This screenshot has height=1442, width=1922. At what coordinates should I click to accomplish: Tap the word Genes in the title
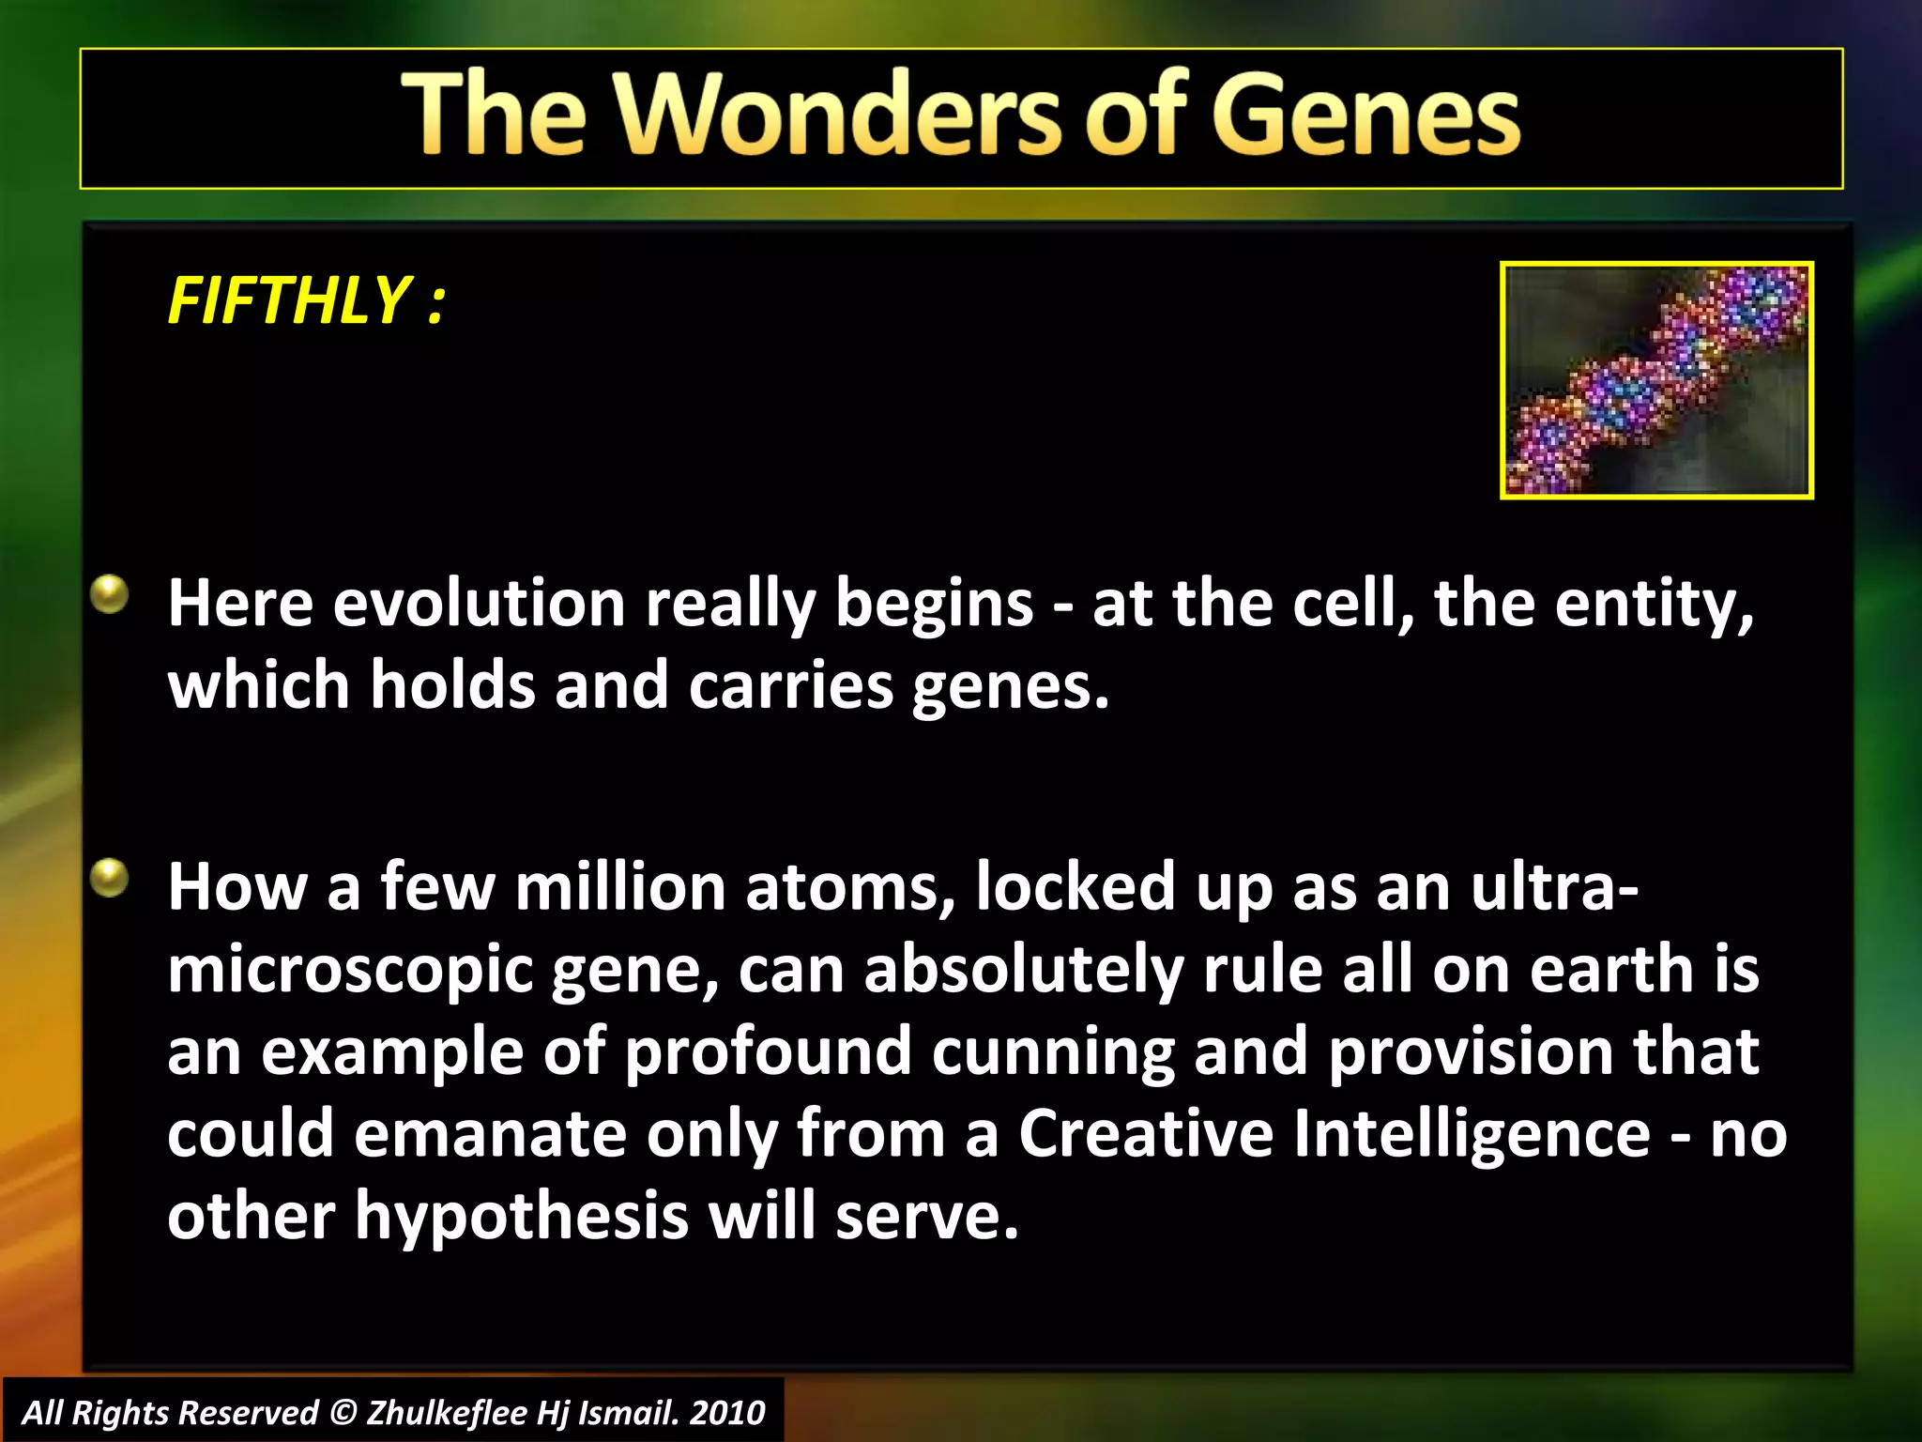pyautogui.click(x=1365, y=115)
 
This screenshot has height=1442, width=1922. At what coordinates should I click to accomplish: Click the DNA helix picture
pyautogui.click(x=1656, y=380)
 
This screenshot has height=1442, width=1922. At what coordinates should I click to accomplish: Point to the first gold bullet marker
pyautogui.click(x=110, y=595)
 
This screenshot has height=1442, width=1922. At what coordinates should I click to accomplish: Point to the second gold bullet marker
pyautogui.click(x=110, y=879)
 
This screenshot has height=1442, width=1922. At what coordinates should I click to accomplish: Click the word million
pyautogui.click(x=620, y=887)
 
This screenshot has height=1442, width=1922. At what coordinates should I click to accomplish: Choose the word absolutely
pyautogui.click(x=1023, y=970)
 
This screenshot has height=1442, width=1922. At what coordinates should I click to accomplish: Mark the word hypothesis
pyautogui.click(x=522, y=1216)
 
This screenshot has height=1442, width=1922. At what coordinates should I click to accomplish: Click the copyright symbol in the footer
pyautogui.click(x=344, y=1413)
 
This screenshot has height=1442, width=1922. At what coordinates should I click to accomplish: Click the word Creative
pyautogui.click(x=1146, y=1133)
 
